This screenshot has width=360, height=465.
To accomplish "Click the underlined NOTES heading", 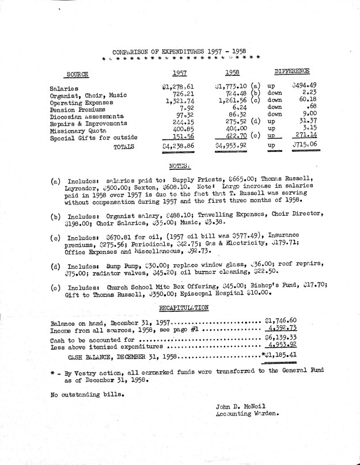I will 180,165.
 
